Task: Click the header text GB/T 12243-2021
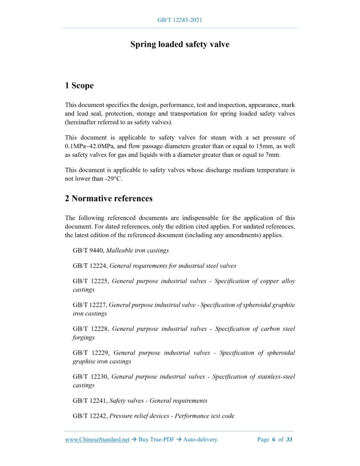click(x=179, y=20)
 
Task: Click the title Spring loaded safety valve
click(x=179, y=44)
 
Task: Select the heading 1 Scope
click(x=79, y=85)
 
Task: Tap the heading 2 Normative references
click(x=109, y=198)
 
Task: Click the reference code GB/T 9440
click(x=88, y=250)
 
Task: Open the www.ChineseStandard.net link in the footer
click(x=97, y=439)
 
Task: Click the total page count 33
click(x=290, y=439)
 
